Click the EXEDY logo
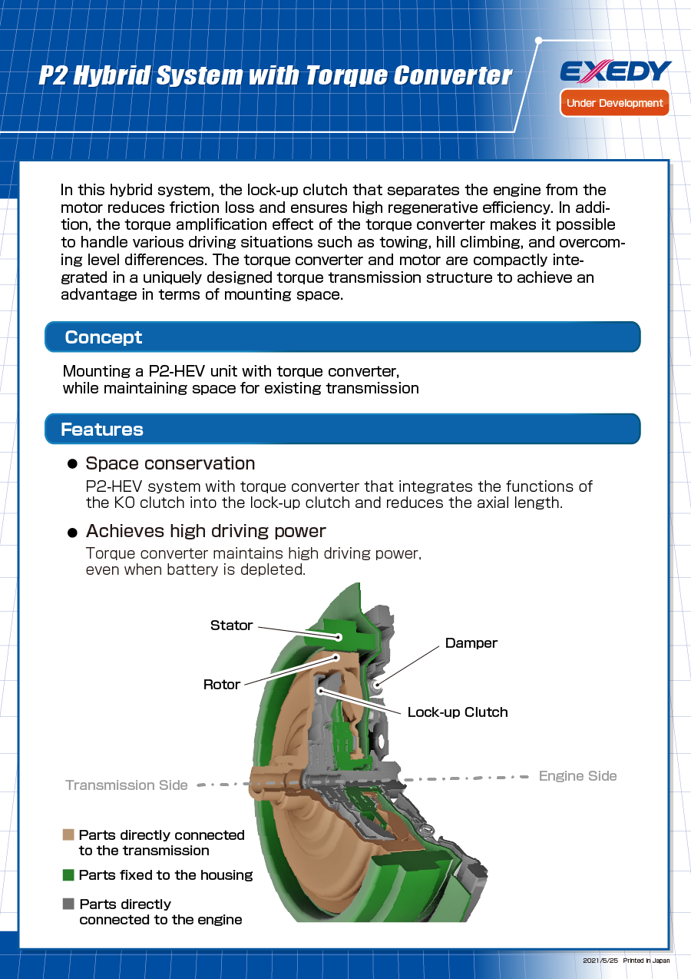615,71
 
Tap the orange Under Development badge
614,103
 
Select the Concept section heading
104,337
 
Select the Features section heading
102,430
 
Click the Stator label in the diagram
231,626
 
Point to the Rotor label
222,685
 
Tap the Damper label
471,643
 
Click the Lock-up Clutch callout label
458,712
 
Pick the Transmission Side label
127,785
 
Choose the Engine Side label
577,776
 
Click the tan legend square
68,835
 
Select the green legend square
68,875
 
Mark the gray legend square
68,904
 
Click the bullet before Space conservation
73,464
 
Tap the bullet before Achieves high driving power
73,532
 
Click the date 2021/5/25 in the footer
600,961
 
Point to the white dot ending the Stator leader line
339,636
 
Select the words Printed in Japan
646,961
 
